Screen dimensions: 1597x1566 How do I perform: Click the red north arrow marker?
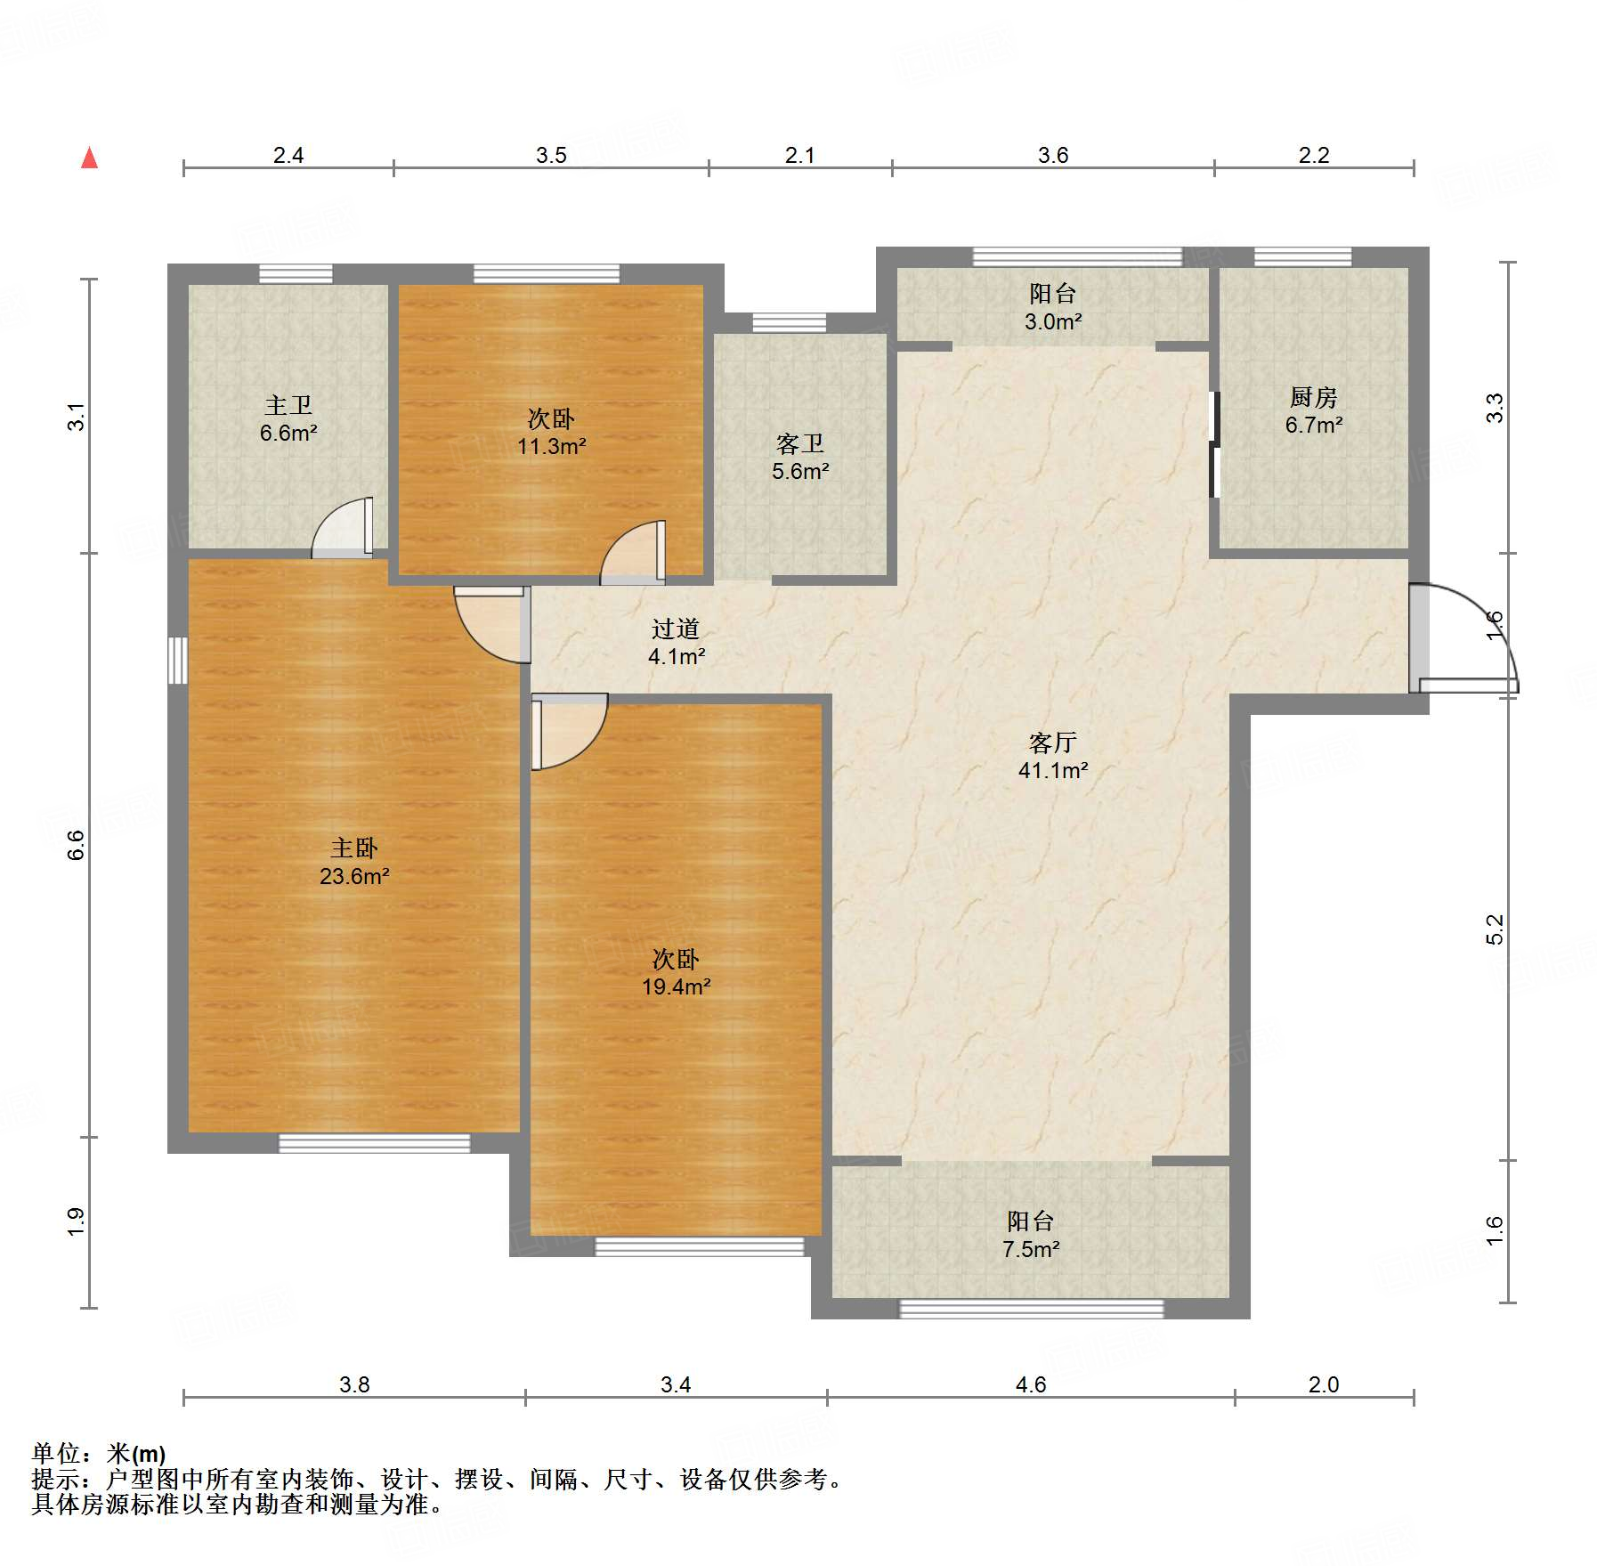(x=90, y=158)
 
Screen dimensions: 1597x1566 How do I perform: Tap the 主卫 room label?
(x=288, y=406)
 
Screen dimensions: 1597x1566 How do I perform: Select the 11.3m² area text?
(x=552, y=446)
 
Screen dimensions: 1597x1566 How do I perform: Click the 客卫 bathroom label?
(x=800, y=443)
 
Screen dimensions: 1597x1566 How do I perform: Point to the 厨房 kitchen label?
(x=1314, y=397)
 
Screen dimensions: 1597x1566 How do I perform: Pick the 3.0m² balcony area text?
(x=1053, y=321)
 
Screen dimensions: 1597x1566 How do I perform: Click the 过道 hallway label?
(x=676, y=629)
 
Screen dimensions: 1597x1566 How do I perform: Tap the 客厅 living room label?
(x=1053, y=742)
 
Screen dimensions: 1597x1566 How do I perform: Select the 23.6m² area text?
(x=354, y=876)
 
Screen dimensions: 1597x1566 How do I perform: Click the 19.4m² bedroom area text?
(x=676, y=986)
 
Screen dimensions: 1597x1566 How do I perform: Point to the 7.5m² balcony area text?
(x=1031, y=1249)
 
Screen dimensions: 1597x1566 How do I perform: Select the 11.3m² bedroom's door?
(x=633, y=552)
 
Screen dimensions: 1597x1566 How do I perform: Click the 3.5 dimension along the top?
(x=551, y=155)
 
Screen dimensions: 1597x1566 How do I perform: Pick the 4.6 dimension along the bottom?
(x=1031, y=1384)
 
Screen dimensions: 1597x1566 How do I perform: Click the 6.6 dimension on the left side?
(x=77, y=845)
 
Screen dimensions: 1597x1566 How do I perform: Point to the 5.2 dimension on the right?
(x=1495, y=929)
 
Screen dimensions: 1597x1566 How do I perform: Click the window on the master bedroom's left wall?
(x=178, y=660)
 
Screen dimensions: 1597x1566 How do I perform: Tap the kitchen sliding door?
(x=1214, y=444)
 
